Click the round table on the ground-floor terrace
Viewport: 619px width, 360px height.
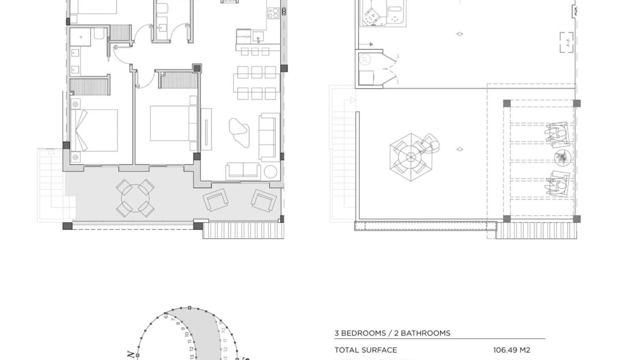coord(136,198)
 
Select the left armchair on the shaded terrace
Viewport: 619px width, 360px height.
coord(215,200)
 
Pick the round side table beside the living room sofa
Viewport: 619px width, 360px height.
coord(270,171)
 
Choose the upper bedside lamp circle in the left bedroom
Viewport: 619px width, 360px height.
coord(76,105)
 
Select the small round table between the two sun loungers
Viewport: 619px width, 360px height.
coord(561,157)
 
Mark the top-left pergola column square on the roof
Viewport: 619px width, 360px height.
coord(507,103)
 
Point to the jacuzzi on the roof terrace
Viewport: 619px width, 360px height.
coord(381,19)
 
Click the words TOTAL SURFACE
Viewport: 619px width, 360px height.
coord(366,350)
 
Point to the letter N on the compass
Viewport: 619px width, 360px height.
coord(131,354)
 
